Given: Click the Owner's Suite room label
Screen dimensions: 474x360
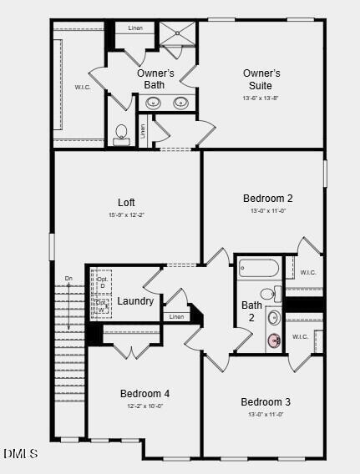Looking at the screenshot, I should point(261,79).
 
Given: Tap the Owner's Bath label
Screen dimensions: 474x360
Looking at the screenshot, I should point(155,78).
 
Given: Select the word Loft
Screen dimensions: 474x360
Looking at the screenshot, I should point(126,202).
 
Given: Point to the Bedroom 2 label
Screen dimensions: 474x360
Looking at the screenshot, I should point(267,198).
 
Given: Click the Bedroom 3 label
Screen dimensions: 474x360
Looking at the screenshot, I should point(266,401).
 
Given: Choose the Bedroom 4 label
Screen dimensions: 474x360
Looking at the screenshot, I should point(145,393).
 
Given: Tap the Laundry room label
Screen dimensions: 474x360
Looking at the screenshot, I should point(135,300).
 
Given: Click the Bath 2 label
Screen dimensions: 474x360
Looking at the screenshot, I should point(251,311).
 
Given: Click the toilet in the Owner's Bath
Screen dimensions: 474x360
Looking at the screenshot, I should point(122,134).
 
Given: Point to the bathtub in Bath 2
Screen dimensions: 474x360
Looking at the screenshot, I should point(258,268).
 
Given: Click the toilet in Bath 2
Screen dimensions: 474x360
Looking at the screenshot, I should point(268,294).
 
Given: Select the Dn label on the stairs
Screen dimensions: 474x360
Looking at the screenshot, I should point(68,278).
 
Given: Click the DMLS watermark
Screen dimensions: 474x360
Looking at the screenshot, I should point(20,454).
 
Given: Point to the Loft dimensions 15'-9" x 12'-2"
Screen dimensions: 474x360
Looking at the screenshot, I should point(126,215).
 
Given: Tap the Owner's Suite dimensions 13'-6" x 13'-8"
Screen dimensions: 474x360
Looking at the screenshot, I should point(261,98).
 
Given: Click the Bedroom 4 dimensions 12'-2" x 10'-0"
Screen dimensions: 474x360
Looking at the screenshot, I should point(145,406).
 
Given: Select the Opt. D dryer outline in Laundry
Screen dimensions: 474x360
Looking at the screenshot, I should point(102,281).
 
